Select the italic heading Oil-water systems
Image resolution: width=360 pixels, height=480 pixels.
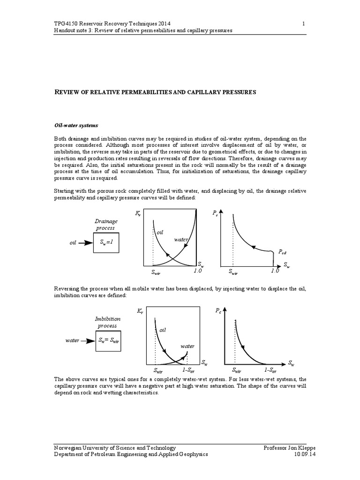point(76,125)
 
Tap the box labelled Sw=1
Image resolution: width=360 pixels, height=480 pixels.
point(107,243)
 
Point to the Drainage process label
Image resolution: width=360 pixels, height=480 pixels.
point(106,224)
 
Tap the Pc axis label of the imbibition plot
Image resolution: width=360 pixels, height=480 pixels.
point(218,311)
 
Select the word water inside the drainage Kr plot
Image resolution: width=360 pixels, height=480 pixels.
point(181,240)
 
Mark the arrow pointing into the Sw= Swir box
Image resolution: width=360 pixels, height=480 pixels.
point(88,341)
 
